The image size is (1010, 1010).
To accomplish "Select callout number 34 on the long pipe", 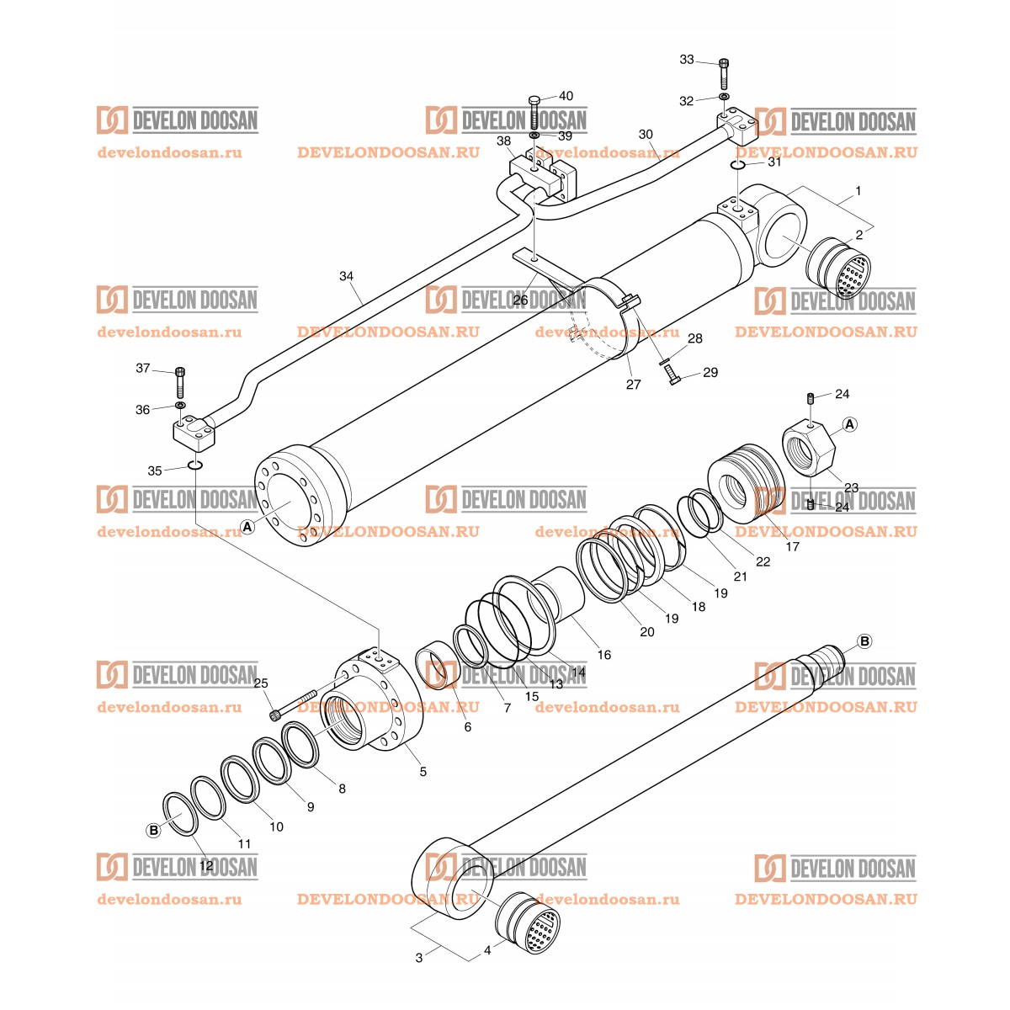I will pos(347,276).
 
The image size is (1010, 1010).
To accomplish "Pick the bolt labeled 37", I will pos(179,383).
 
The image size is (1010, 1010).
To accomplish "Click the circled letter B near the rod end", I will pos(864,641).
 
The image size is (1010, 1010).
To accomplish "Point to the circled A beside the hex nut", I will pos(850,425).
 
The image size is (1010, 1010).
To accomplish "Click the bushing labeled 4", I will pos(529,922).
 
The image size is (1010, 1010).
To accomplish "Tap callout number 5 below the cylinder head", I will pos(423,771).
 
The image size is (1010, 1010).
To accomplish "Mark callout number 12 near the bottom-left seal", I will pos(206,864).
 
